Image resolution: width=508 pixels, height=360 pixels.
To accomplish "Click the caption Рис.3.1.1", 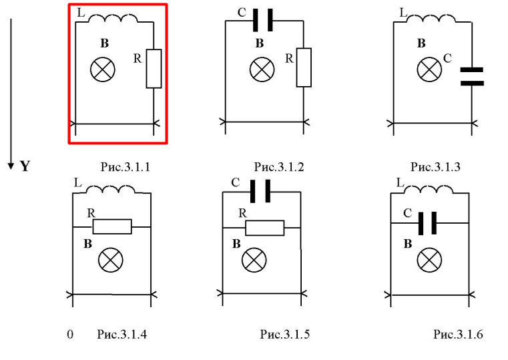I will pyautogui.click(x=123, y=167).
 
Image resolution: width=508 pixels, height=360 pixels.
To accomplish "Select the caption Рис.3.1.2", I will pyautogui.click(x=279, y=167).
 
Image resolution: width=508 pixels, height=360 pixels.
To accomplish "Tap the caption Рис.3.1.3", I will pyautogui.click(x=435, y=167).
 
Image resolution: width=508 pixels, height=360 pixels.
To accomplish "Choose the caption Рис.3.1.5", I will pyautogui.click(x=285, y=333).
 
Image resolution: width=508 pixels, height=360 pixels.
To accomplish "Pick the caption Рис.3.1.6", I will pyautogui.click(x=457, y=333).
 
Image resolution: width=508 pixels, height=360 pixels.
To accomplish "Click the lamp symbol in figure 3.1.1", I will pyautogui.click(x=103, y=69).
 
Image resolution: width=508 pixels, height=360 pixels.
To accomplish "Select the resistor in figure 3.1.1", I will pyautogui.click(x=154, y=68).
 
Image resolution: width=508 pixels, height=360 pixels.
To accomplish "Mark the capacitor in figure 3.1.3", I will pyautogui.click(x=472, y=76).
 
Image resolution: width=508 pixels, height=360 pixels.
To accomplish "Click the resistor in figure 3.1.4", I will pyautogui.click(x=111, y=226).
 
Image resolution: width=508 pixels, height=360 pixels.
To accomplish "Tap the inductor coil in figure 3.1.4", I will pyautogui.click(x=115, y=190).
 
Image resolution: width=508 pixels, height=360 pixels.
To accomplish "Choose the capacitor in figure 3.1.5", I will pyautogui.click(x=260, y=193).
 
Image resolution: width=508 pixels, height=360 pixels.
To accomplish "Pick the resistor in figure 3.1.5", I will pyautogui.click(x=264, y=227).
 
